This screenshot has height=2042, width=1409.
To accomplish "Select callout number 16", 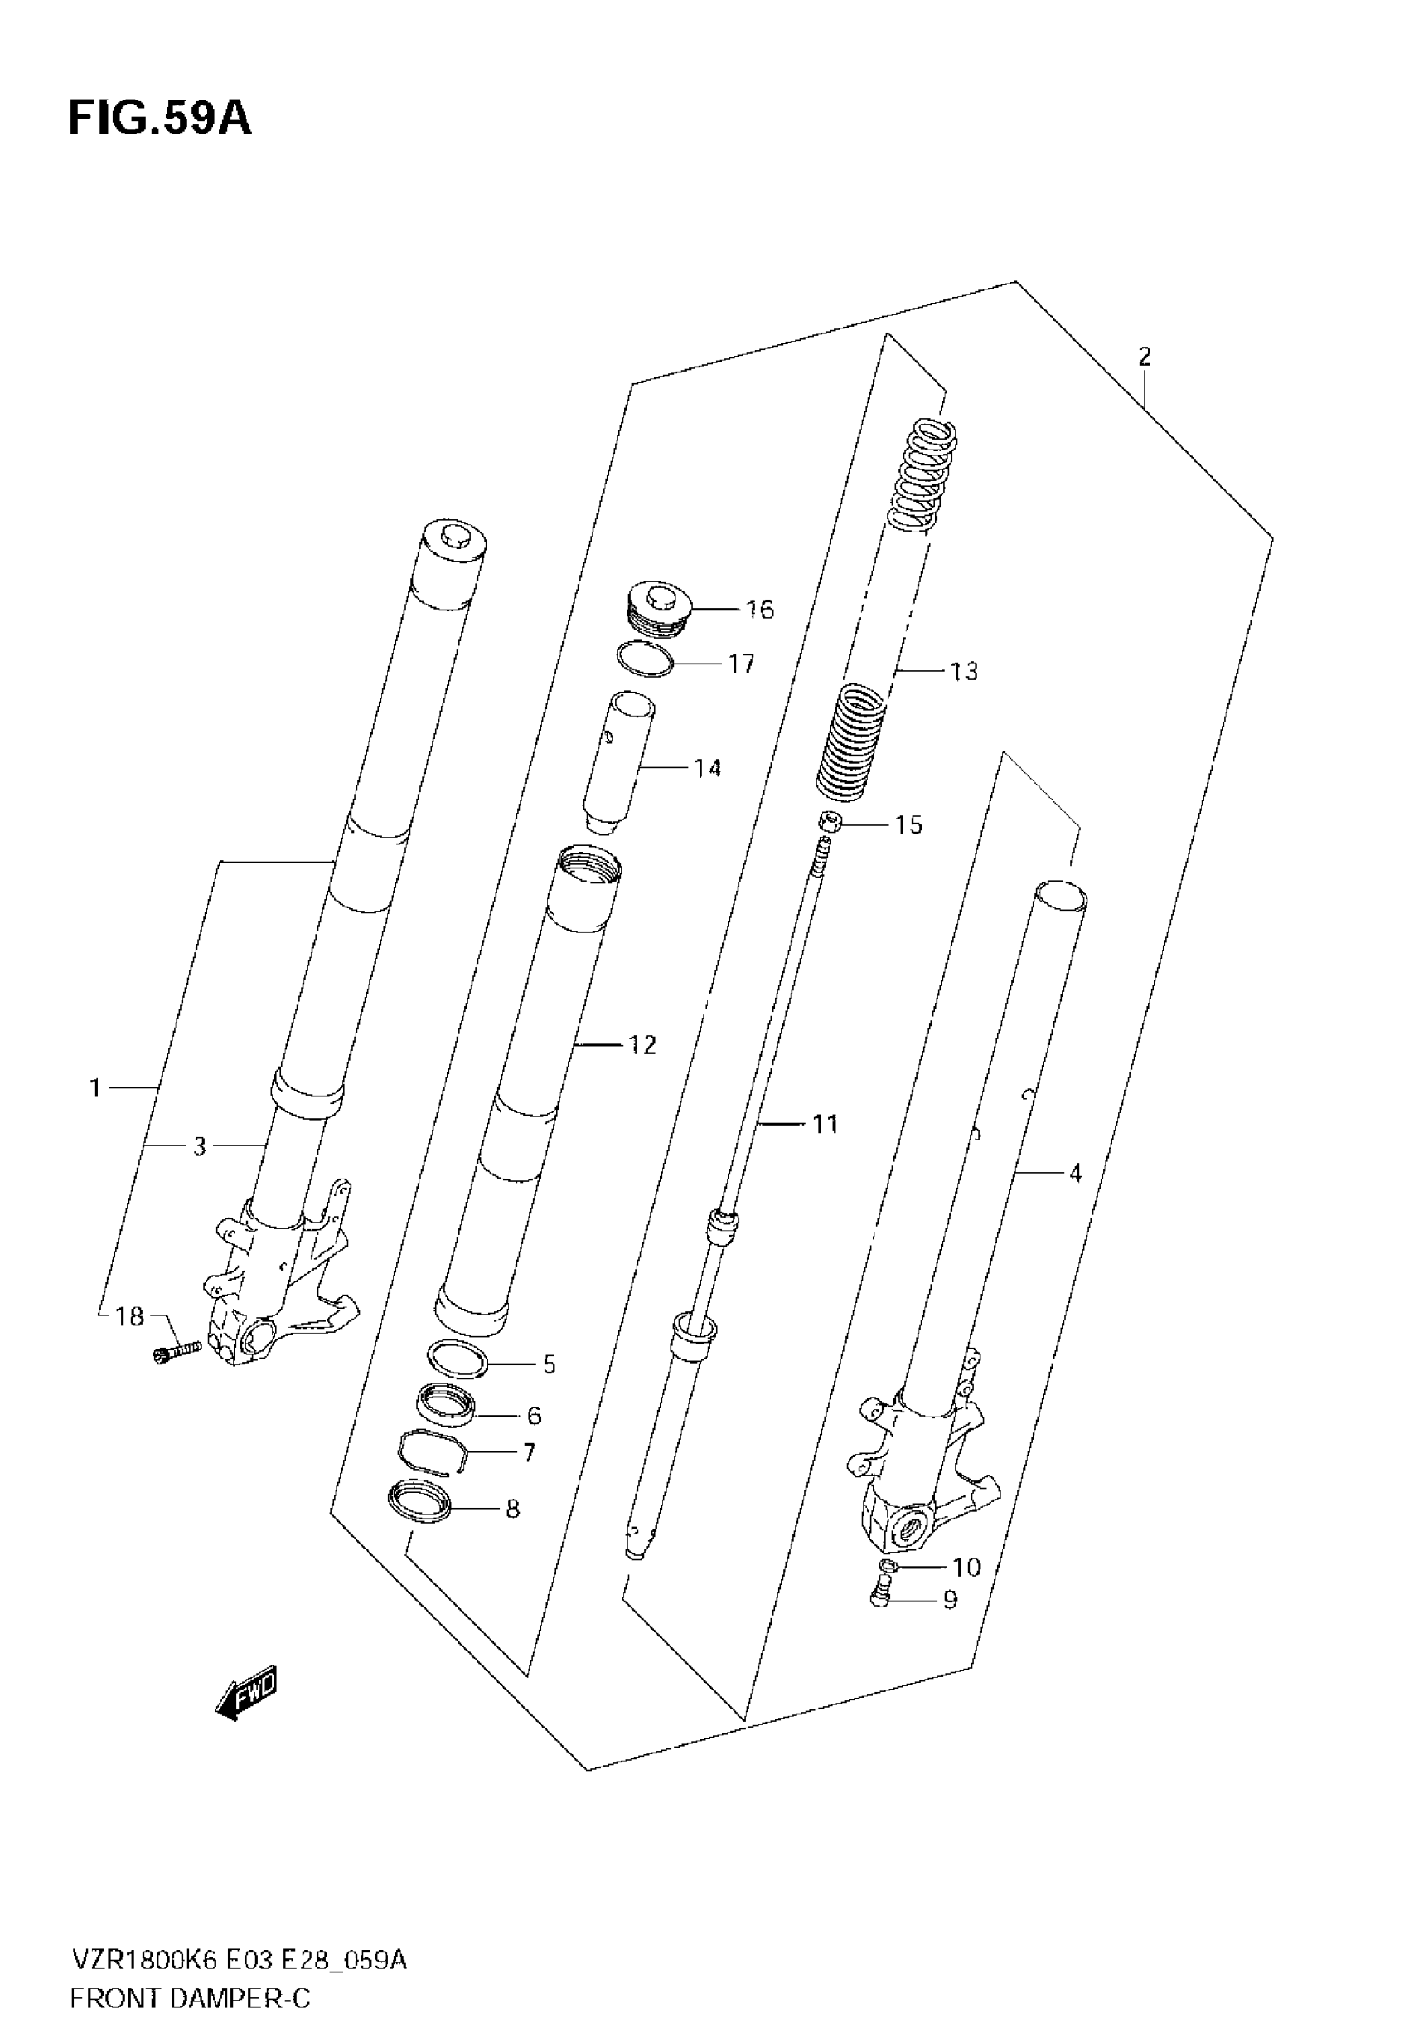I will point(759,610).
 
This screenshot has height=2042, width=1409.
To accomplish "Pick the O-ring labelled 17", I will point(645,659).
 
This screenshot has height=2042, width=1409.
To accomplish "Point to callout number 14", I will point(707,768).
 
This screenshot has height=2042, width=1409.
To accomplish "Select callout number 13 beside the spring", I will point(964,671).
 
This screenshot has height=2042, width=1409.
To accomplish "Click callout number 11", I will point(825,1125).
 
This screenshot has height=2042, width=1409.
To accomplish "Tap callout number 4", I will point(1074,1173).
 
